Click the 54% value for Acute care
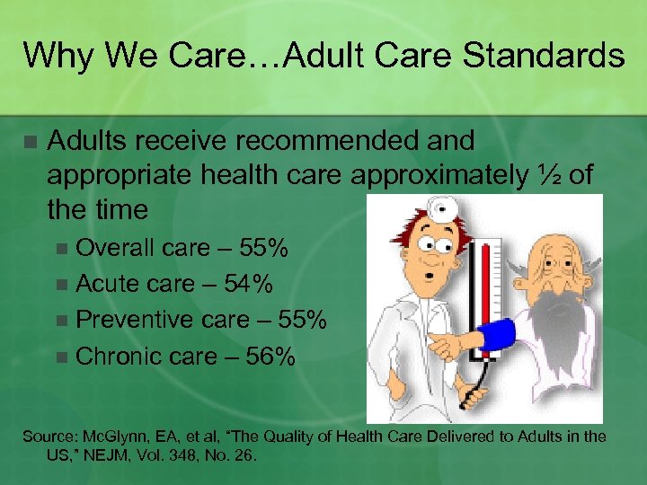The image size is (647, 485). tap(248, 284)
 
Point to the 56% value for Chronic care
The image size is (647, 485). tap(270, 357)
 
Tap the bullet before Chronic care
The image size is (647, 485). tap(60, 357)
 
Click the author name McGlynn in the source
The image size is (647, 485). tap(120, 436)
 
